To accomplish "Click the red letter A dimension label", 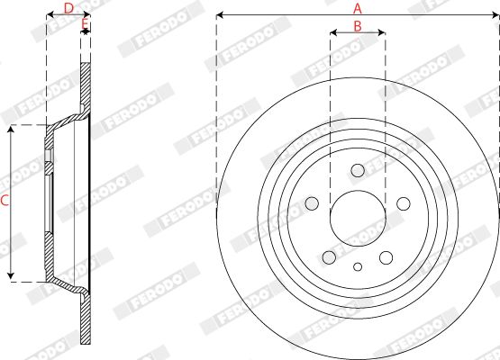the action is click(x=358, y=8).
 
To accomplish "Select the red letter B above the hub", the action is click(x=358, y=26).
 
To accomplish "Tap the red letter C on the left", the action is click(x=5, y=201).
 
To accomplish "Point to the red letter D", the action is click(x=68, y=8).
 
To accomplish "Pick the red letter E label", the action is click(x=85, y=23).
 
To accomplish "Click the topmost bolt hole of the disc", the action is click(x=358, y=170).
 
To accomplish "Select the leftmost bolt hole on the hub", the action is click(x=312, y=203).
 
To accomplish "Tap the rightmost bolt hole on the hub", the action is click(x=404, y=203).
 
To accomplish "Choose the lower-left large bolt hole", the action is click(x=329, y=257).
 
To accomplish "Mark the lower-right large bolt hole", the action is click(x=386, y=257).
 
